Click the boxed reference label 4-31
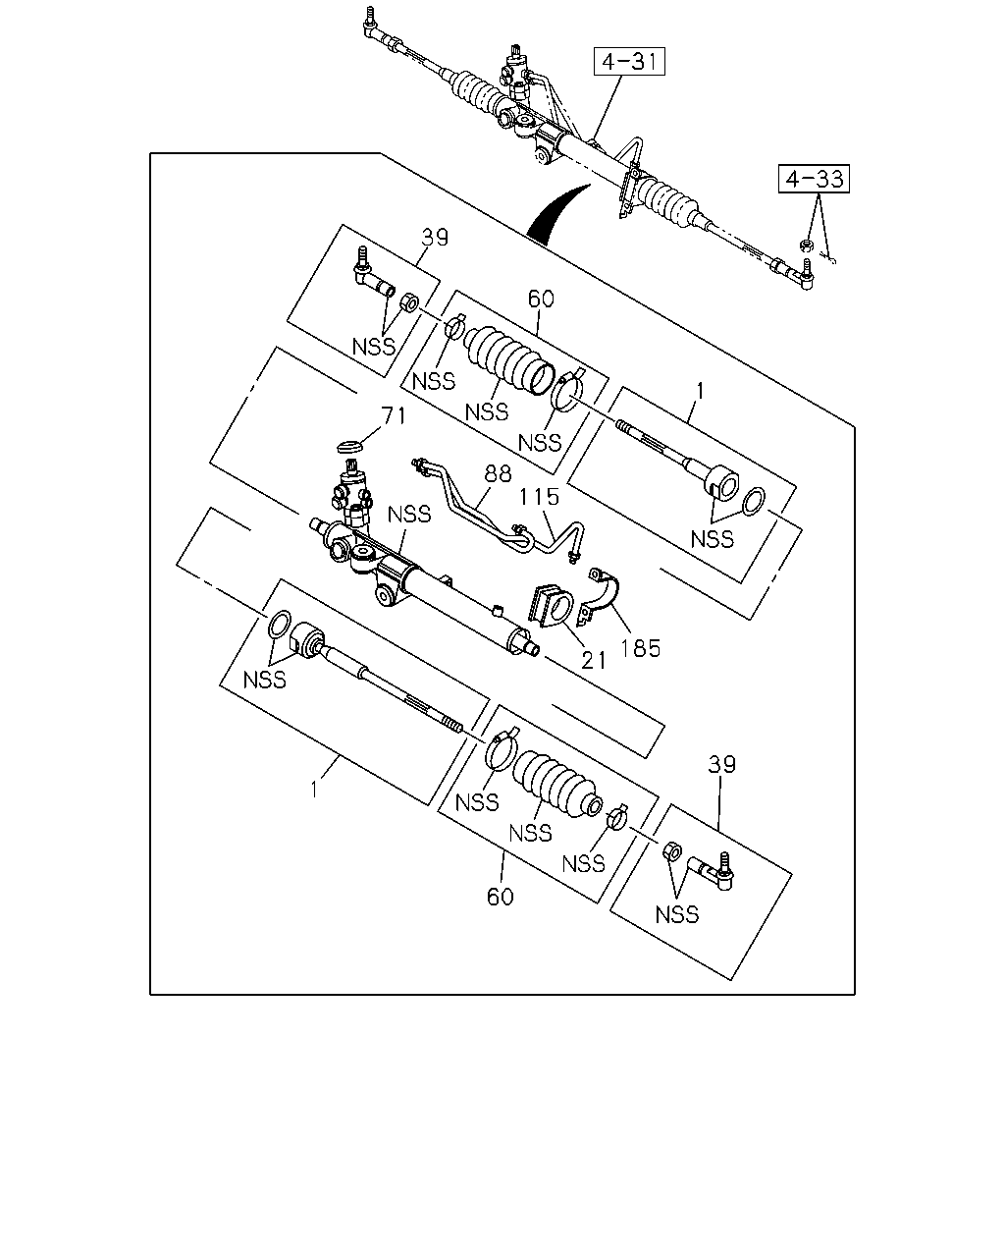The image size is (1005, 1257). point(629,61)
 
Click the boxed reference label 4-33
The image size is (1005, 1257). point(814,179)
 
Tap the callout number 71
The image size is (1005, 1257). point(393,415)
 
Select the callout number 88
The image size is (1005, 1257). point(498,473)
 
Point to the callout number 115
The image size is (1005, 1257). point(539,497)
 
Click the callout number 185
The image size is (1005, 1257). point(640,648)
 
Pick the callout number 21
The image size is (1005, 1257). point(594,660)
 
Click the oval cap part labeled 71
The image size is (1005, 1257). point(350,447)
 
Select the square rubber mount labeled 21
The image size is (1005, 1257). point(552,606)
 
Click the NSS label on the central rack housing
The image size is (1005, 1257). point(409,515)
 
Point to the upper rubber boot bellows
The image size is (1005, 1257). point(508,359)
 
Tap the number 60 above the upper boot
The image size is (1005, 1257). point(541,300)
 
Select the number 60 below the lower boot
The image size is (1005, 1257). point(501,898)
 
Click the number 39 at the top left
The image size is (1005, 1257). point(435,238)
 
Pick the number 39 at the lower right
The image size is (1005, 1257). point(721,765)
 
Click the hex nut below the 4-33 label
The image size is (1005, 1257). point(806,245)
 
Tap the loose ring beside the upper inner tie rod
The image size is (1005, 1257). point(754,501)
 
